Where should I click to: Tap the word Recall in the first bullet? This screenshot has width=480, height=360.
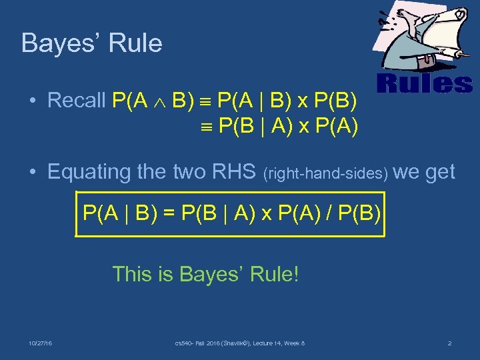coord(77,101)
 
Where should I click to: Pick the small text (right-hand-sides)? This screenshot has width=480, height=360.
coord(326,174)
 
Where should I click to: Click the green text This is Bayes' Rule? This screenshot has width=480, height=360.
coord(205,273)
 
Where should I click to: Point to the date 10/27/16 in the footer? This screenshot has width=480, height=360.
coord(41,343)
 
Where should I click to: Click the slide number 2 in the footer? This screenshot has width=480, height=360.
coord(450,343)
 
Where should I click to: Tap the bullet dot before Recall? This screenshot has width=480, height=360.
coord(32,101)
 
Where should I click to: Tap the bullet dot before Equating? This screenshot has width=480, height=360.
coord(32,173)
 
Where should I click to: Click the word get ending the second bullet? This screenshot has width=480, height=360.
coord(439,172)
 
